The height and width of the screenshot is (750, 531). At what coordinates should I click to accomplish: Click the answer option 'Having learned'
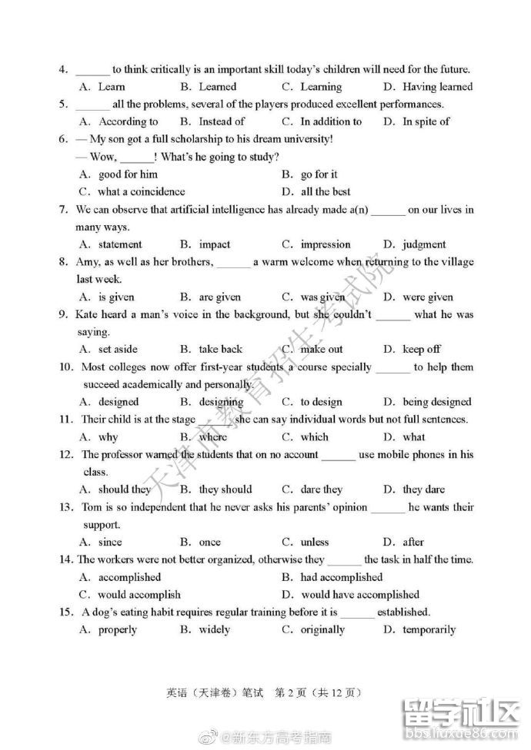(x=437, y=87)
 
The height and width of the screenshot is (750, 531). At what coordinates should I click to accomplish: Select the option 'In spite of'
(x=426, y=121)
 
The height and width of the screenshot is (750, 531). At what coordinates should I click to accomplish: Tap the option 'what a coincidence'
(x=142, y=191)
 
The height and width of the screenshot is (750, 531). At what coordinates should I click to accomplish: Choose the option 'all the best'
(x=326, y=191)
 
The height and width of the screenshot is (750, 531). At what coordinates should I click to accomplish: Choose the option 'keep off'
(x=422, y=349)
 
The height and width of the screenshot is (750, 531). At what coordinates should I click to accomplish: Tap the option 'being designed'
(x=437, y=401)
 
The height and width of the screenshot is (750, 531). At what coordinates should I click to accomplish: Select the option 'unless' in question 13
(x=315, y=542)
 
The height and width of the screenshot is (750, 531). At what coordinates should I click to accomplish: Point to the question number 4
(x=63, y=69)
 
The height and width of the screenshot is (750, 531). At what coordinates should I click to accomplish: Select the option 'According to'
(x=129, y=121)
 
